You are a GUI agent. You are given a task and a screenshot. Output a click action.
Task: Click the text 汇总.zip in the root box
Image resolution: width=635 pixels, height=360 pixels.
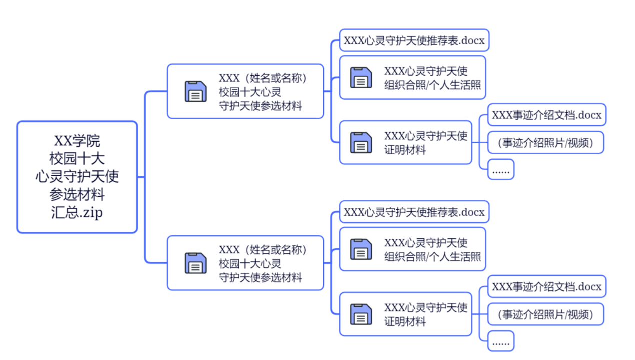click(x=77, y=212)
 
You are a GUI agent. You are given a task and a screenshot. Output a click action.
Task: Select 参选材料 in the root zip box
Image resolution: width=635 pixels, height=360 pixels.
click(x=77, y=194)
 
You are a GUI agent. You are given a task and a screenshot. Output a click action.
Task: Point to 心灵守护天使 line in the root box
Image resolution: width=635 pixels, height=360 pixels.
click(x=77, y=177)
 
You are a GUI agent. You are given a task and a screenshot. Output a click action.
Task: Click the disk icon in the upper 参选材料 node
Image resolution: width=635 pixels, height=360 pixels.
click(x=196, y=91)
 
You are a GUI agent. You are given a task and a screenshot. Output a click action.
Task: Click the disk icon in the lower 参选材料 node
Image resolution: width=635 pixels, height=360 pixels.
click(x=196, y=263)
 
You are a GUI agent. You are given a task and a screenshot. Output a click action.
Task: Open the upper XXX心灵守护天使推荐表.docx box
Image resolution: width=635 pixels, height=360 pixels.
click(x=414, y=41)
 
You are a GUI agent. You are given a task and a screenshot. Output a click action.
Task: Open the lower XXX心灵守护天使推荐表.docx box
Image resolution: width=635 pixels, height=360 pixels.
click(x=414, y=212)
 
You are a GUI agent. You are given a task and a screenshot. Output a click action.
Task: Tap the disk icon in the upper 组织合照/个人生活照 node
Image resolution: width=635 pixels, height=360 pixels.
click(x=361, y=78)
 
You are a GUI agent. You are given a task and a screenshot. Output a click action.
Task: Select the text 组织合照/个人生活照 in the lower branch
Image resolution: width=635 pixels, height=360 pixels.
click(x=432, y=257)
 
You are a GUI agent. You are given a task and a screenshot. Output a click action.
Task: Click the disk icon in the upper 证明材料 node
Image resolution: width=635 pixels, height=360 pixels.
click(x=361, y=143)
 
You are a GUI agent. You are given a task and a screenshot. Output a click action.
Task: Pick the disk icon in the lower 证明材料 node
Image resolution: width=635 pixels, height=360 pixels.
click(x=361, y=314)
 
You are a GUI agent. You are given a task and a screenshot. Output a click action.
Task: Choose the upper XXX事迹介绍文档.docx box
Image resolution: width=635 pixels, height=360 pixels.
click(x=546, y=115)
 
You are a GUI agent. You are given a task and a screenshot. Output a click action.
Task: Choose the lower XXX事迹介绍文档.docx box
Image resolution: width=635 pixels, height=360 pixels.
click(x=546, y=287)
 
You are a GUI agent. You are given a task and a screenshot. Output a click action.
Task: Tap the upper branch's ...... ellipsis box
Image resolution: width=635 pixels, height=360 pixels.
click(x=500, y=170)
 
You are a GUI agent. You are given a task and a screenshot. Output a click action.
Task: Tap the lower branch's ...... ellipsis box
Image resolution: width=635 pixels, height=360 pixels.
click(x=500, y=341)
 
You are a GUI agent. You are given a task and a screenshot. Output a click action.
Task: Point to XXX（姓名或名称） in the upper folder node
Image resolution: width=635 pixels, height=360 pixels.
click(x=263, y=78)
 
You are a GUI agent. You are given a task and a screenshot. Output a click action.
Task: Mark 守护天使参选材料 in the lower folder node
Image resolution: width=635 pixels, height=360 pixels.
click(x=260, y=277)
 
